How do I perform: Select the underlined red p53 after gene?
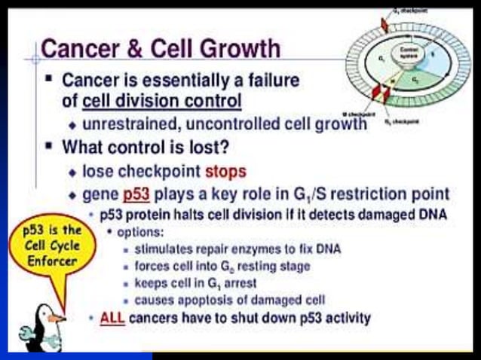[136, 194]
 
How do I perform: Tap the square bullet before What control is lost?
[49, 146]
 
